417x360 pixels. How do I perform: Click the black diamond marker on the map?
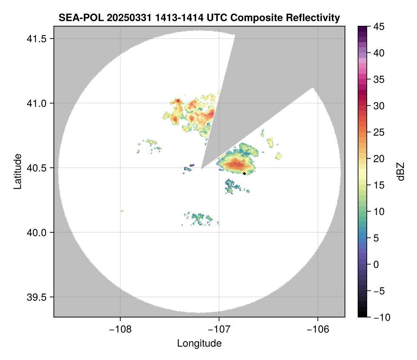(x=244, y=173)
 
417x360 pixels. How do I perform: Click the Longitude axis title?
(x=199, y=343)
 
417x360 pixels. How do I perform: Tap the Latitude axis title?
(x=17, y=171)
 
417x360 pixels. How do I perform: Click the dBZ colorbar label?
(x=400, y=172)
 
